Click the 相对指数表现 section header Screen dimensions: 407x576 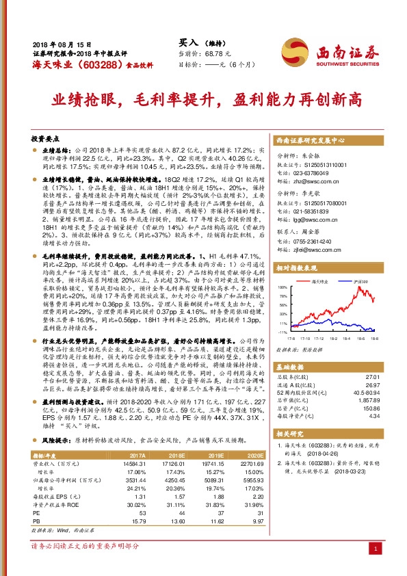[x=299, y=268]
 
